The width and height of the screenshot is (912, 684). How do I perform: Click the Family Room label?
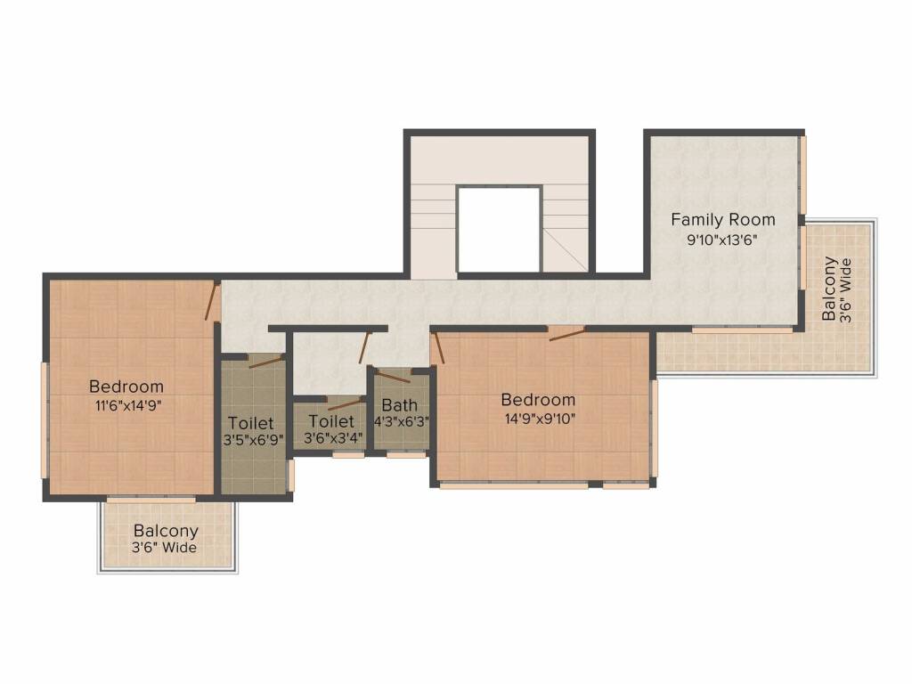tap(723, 220)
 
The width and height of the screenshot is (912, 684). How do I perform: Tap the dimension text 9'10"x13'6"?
tap(722, 240)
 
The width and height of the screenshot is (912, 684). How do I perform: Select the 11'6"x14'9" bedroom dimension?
tap(128, 405)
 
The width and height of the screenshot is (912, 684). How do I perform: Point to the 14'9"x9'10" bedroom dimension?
tap(540, 419)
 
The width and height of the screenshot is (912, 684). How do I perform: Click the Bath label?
tap(400, 405)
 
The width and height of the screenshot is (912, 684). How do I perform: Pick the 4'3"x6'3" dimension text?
tap(401, 421)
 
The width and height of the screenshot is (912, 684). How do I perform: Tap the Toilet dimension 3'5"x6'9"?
tap(254, 440)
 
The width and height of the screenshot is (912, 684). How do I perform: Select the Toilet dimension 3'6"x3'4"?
tap(333, 437)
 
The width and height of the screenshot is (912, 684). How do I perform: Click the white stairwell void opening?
tap(500, 229)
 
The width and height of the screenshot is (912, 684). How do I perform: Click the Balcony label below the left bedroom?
tap(166, 531)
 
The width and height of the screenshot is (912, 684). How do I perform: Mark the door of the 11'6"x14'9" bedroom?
tap(212, 301)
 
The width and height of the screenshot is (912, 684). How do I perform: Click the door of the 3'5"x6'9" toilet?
tap(265, 362)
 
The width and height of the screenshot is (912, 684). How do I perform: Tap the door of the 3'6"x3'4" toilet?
tap(346, 404)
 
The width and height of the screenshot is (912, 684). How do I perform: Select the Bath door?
tap(393, 376)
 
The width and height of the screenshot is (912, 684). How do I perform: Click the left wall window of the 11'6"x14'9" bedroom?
tap(45, 420)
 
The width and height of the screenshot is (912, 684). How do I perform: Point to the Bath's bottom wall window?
tap(406, 455)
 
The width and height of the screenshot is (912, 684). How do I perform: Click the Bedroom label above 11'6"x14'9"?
tap(126, 387)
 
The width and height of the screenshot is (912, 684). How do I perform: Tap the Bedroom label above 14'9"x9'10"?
tap(538, 400)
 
